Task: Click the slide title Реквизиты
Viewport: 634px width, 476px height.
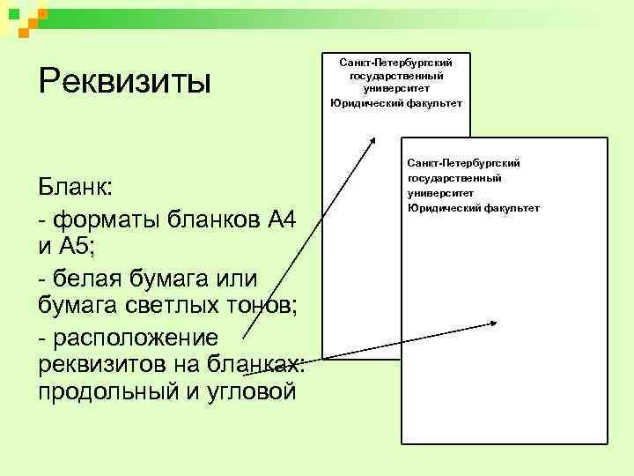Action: click(x=125, y=83)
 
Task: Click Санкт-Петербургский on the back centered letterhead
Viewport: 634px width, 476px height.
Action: click(x=395, y=63)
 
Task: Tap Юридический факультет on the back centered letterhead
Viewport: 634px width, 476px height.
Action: click(x=395, y=103)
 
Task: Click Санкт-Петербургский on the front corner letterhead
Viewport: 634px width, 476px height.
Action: click(x=463, y=163)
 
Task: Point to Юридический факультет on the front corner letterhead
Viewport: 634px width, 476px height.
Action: click(x=474, y=207)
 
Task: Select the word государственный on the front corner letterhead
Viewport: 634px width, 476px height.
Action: click(x=455, y=178)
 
